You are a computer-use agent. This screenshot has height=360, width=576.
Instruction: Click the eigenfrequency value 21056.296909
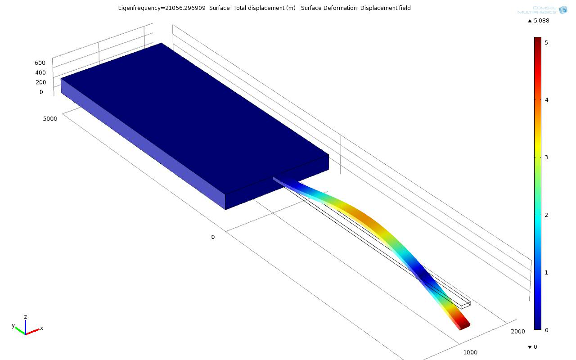click(185, 8)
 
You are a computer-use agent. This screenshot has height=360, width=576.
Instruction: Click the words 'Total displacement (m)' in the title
click(264, 8)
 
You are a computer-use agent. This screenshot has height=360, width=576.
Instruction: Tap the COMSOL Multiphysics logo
click(542, 10)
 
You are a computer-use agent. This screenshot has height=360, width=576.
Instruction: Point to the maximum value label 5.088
click(541, 21)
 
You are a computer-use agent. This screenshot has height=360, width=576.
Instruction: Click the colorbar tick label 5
click(546, 43)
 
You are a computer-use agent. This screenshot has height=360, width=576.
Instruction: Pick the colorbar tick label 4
click(546, 100)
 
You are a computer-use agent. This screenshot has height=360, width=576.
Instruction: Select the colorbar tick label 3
click(546, 157)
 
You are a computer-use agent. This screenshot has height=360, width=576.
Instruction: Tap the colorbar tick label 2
click(546, 215)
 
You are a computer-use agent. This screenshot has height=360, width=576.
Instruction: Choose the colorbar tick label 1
click(546, 273)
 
